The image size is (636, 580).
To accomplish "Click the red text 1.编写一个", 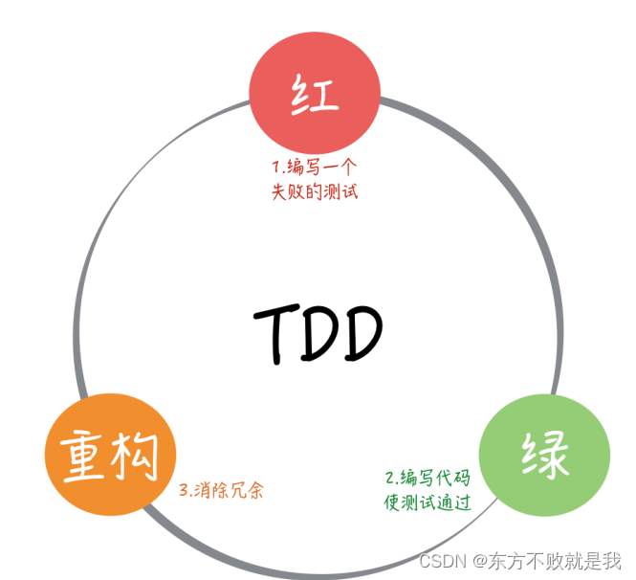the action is (315, 165).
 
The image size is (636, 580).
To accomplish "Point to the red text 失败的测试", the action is (315, 189).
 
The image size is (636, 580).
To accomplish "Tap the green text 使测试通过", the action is (427, 501).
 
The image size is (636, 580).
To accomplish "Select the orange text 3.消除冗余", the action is (221, 491).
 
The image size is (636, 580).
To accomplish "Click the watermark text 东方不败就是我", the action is (552, 559).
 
